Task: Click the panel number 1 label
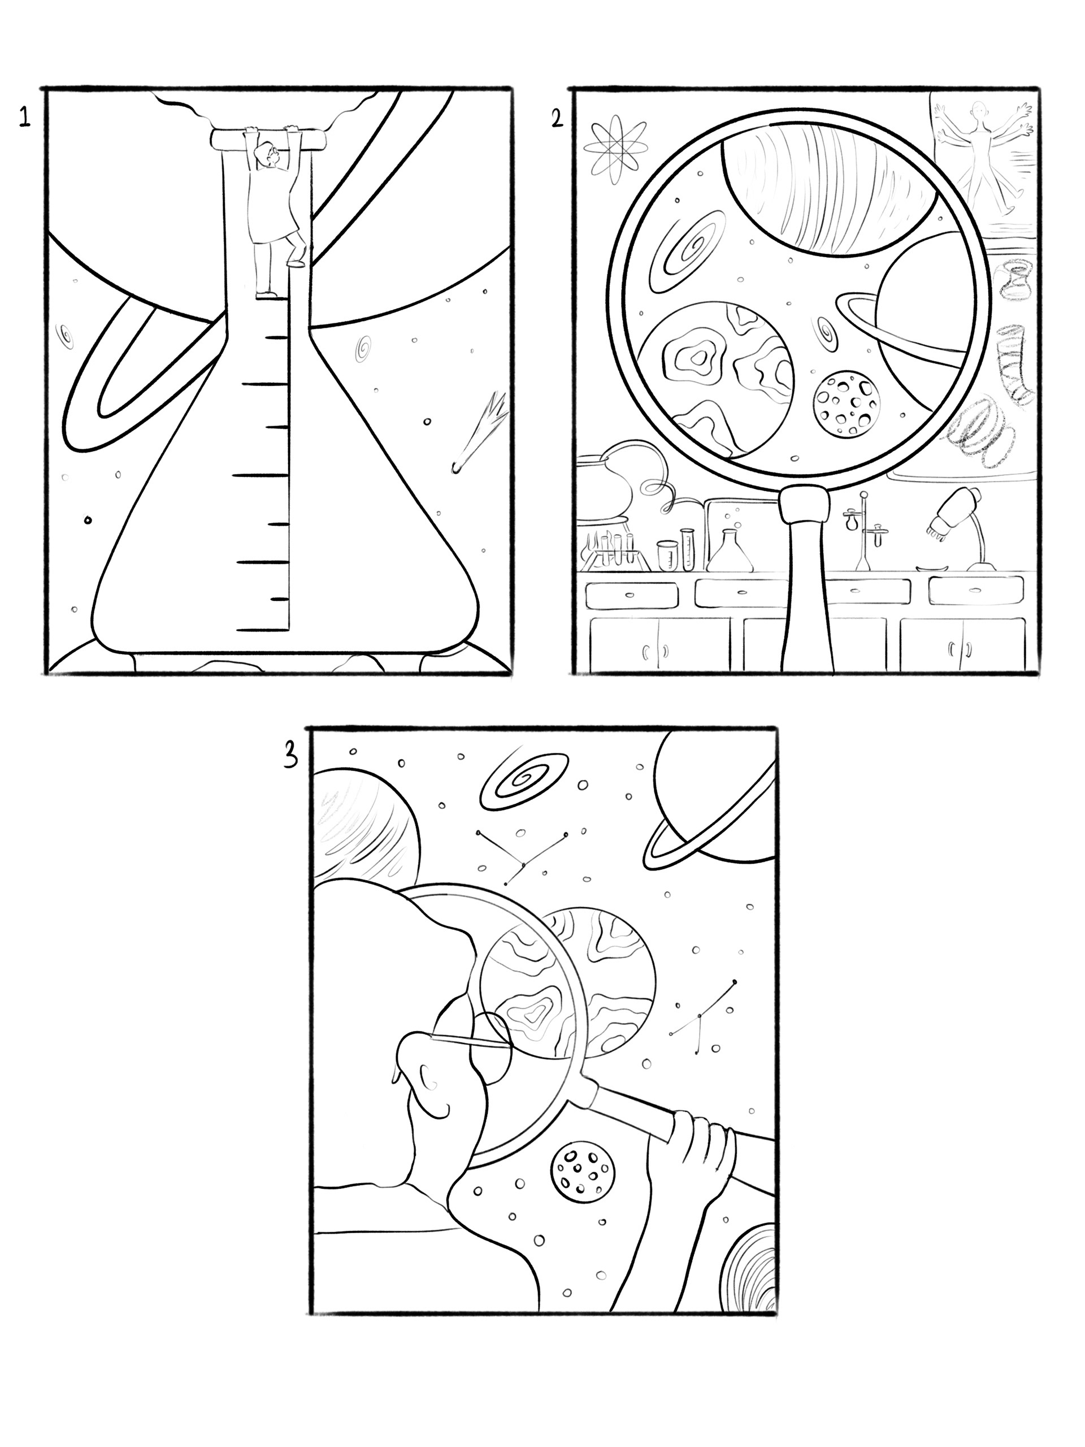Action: tap(24, 118)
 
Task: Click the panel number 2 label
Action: tap(557, 119)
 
